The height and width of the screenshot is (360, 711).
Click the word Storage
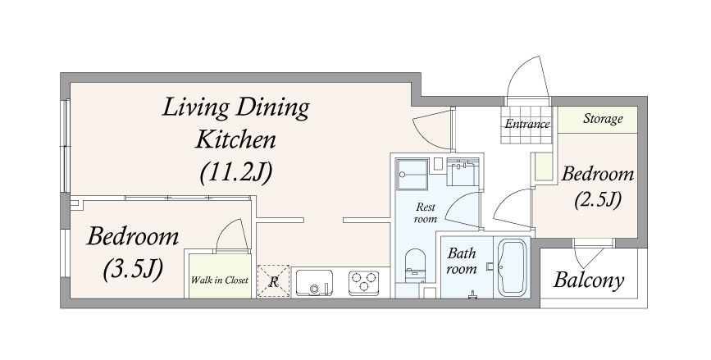pyautogui.click(x=603, y=119)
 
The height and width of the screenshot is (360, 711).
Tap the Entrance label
pyautogui.click(x=527, y=123)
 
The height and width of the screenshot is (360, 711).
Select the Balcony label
pyautogui.click(x=589, y=280)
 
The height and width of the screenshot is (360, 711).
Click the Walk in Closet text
pyautogui.click(x=220, y=280)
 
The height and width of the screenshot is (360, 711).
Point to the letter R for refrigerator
pyautogui.click(x=273, y=282)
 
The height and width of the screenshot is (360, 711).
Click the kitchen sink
pyautogui.click(x=314, y=283)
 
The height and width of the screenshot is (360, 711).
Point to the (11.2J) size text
pyautogui.click(x=236, y=172)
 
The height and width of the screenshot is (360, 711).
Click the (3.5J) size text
pyautogui.click(x=133, y=271)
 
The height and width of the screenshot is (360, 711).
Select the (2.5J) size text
pyautogui.click(x=598, y=200)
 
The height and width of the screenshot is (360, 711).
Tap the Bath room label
pyautogui.click(x=462, y=261)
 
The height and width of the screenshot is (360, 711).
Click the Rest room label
pyautogui.click(x=426, y=213)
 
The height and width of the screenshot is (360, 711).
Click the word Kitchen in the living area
pyautogui.click(x=235, y=139)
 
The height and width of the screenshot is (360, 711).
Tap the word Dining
pyautogui.click(x=273, y=109)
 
